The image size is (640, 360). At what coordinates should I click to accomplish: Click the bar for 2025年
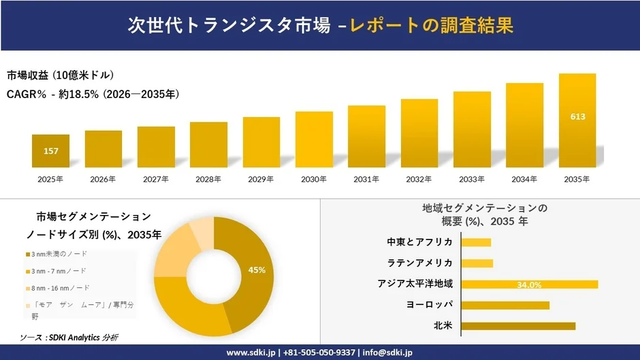coord(50,151)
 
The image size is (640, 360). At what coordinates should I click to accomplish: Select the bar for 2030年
coord(314,140)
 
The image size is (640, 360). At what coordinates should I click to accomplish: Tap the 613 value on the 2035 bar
coord(577,117)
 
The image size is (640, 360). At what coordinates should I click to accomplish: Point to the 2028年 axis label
coord(208,180)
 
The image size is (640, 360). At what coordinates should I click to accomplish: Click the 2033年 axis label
coord(472,180)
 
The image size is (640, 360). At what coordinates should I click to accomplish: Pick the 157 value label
coord(50,151)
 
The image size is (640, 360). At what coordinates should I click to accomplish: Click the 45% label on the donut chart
coord(257,270)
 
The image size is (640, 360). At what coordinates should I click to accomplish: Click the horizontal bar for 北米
coord(518,326)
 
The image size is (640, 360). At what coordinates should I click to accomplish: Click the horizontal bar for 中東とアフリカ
coord(476,242)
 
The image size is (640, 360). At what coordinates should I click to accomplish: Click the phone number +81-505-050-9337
coord(319,353)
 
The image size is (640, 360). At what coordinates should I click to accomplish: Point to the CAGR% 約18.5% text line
coord(93,94)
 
